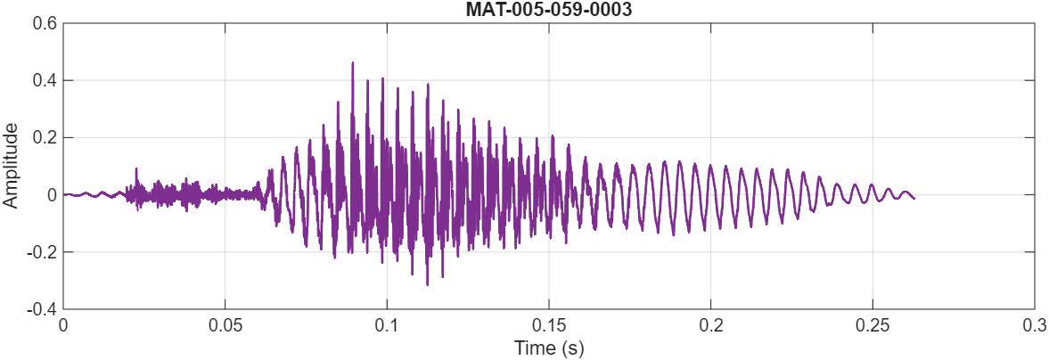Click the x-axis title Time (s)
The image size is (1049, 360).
548,348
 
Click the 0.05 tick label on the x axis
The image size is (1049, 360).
225,326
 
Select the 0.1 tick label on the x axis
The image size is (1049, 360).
387,326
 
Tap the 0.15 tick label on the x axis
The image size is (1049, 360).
548,326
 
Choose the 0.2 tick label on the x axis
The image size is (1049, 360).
710,326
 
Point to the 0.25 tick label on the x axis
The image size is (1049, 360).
872,326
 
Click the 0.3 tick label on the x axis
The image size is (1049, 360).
1033,326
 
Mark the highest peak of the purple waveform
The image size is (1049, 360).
353,62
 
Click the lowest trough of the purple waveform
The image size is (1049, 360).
428,285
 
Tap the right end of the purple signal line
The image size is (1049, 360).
914,198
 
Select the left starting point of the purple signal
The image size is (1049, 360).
63,194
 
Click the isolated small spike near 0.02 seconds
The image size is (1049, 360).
136,168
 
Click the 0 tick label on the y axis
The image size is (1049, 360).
52,194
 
